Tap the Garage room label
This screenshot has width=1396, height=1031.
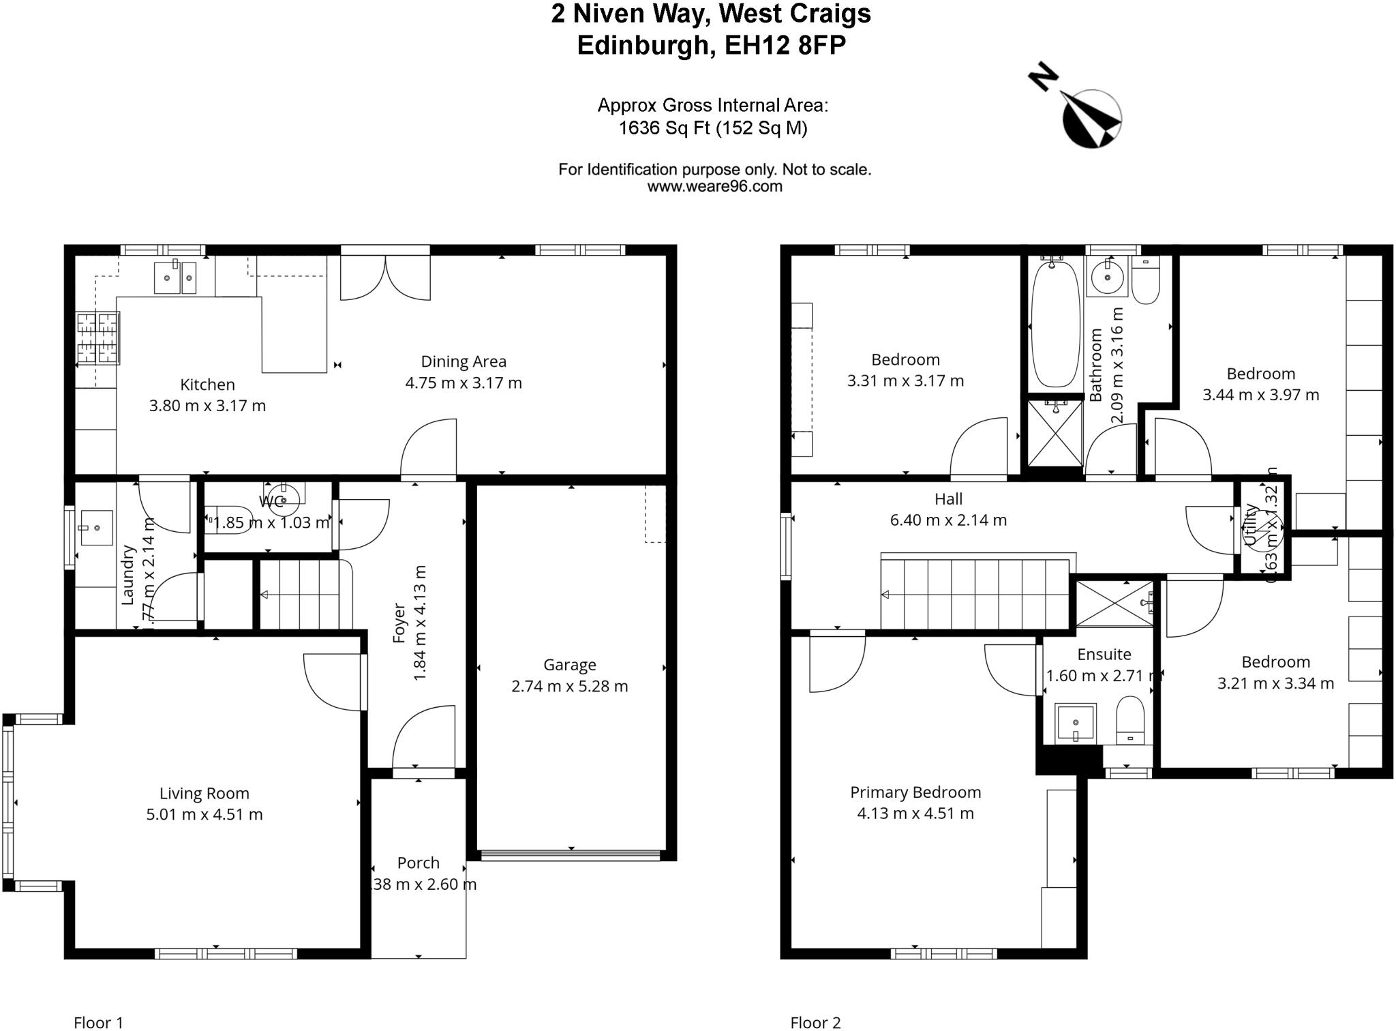point(569,665)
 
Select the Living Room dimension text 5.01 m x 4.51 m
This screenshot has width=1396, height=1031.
point(204,814)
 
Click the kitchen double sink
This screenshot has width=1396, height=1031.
point(175,278)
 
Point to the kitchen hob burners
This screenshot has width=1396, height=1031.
point(98,338)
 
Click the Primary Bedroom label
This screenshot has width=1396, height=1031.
point(915,792)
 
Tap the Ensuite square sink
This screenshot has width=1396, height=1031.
point(1076,723)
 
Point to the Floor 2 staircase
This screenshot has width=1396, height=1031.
point(975,593)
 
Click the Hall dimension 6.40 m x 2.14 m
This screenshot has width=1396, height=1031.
point(948,520)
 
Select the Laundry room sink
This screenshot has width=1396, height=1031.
point(96,527)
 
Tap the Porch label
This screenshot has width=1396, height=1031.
point(418,863)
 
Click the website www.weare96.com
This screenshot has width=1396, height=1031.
point(714,186)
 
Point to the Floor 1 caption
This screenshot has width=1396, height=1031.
point(98,1022)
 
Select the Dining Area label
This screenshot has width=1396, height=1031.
point(464,361)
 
